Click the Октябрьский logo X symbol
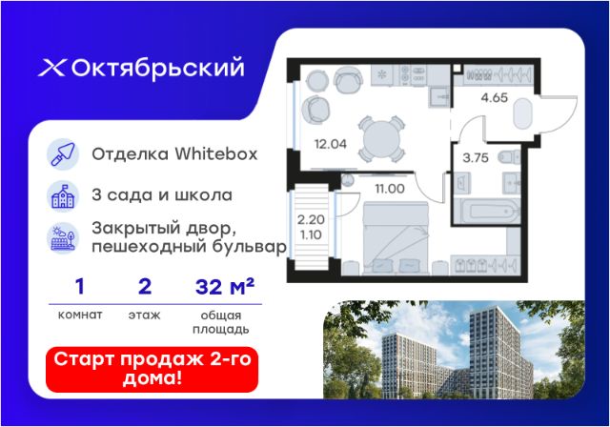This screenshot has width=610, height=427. click(x=52, y=68)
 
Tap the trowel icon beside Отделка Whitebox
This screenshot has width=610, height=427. click(x=63, y=154)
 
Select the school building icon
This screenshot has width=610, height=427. click(x=63, y=196)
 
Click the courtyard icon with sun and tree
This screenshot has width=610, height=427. click(x=63, y=237)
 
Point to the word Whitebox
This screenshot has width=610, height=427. click(x=216, y=154)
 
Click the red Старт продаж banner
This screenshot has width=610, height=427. click(x=152, y=369)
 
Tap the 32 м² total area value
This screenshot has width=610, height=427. click(x=225, y=287)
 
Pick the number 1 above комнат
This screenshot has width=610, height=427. click(x=79, y=287)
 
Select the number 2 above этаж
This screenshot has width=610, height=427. click(x=145, y=287)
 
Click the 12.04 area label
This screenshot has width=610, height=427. click(x=331, y=144)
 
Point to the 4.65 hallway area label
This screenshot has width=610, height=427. click(x=494, y=97)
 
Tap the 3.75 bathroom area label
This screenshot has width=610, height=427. click(x=476, y=157)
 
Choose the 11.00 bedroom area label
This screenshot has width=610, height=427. click(x=390, y=189)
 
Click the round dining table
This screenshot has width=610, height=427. click(x=381, y=138)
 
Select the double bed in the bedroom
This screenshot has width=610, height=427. click(x=396, y=238)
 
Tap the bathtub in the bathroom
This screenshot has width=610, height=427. click(x=487, y=212)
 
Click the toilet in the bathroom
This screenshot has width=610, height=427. click(x=509, y=156)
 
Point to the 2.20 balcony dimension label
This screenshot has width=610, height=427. click(x=311, y=220)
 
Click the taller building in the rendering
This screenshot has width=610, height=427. click(x=499, y=352)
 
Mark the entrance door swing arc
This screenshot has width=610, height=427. click(x=568, y=120)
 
